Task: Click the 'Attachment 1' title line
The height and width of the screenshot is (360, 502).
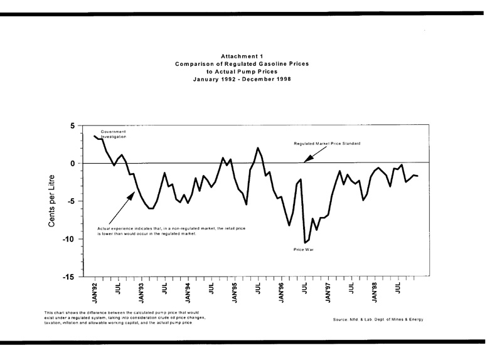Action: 250,56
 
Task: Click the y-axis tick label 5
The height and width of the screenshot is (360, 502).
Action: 72,126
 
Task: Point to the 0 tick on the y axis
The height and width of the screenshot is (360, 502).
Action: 72,164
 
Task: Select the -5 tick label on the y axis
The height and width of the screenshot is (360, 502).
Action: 71,201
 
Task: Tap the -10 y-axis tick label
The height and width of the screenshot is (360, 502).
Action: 69,239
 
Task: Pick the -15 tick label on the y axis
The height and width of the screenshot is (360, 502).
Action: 69,277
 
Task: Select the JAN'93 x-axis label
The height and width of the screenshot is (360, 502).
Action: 142,294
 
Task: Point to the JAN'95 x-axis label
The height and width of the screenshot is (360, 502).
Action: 235,294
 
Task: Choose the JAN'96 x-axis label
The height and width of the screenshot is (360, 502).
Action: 282,294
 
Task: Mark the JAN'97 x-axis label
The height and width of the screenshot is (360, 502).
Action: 328,294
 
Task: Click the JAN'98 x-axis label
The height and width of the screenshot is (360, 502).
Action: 375,294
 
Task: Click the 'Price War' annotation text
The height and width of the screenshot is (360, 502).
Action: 303,250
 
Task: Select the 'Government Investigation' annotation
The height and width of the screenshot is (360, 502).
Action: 114,134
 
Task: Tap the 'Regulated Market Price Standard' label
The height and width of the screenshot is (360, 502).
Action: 329,144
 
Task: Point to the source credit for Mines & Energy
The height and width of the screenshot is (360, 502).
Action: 378,320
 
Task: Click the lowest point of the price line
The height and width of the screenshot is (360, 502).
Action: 305,243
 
